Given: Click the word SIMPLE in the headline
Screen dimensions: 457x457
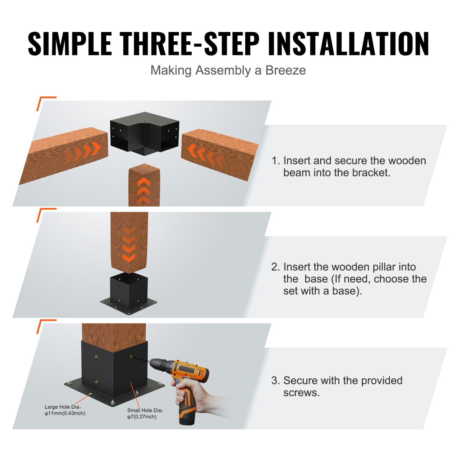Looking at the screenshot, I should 70,44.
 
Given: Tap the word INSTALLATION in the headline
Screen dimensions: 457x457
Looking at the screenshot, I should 348,44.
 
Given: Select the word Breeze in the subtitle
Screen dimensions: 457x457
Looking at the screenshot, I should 285,70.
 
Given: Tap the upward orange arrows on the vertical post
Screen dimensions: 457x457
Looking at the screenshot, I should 143,190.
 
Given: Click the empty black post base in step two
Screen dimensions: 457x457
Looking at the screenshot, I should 129,292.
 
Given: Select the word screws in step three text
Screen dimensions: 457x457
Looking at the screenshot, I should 301,393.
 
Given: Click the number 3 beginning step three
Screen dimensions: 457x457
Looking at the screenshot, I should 275,381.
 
